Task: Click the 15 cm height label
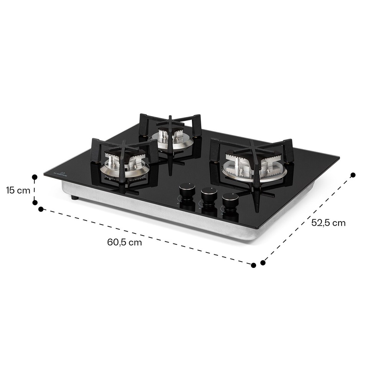(x=18, y=190)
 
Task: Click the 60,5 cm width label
(x=125, y=242)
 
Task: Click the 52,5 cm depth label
(x=328, y=223)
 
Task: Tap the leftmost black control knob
(x=187, y=190)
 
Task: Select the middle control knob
(x=209, y=195)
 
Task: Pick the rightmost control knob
(x=230, y=200)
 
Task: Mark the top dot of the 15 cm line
(x=34, y=177)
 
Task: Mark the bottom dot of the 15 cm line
(x=35, y=202)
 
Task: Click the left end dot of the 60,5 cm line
(x=41, y=209)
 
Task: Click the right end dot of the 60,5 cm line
(x=253, y=265)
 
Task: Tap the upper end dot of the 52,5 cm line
(x=353, y=175)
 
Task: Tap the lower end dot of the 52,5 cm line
(x=263, y=263)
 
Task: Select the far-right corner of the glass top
(x=338, y=156)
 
